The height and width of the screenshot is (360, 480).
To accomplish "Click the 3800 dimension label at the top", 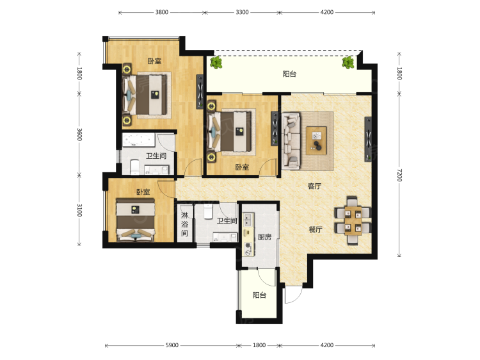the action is click(x=162, y=12).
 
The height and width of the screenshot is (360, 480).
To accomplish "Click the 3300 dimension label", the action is click(x=242, y=12).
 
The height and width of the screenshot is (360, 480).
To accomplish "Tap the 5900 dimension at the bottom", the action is click(x=172, y=345).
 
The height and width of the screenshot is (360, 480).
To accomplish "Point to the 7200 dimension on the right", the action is click(x=399, y=175).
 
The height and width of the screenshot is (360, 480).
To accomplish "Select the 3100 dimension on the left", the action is click(x=79, y=210).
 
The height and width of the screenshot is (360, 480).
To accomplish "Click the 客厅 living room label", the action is click(x=314, y=186).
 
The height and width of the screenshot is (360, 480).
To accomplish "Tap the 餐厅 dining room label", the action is click(x=316, y=229).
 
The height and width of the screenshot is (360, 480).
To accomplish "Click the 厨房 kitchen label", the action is click(x=264, y=237).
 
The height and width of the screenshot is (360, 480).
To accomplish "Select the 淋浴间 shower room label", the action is click(x=184, y=224).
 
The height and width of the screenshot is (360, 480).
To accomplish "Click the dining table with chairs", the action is click(x=353, y=220).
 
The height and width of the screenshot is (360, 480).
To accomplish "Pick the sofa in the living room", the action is click(x=291, y=141).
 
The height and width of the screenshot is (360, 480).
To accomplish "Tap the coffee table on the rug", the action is click(x=316, y=141).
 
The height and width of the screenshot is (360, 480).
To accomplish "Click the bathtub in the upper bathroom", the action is click(x=140, y=140).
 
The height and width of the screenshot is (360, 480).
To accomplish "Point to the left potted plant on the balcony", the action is click(x=216, y=63).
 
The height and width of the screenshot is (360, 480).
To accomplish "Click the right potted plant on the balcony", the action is click(x=348, y=63).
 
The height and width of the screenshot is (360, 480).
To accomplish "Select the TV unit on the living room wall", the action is click(x=368, y=139).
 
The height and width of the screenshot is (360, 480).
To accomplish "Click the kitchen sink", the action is click(x=247, y=220).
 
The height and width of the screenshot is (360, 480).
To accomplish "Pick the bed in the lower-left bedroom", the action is click(x=135, y=220).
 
